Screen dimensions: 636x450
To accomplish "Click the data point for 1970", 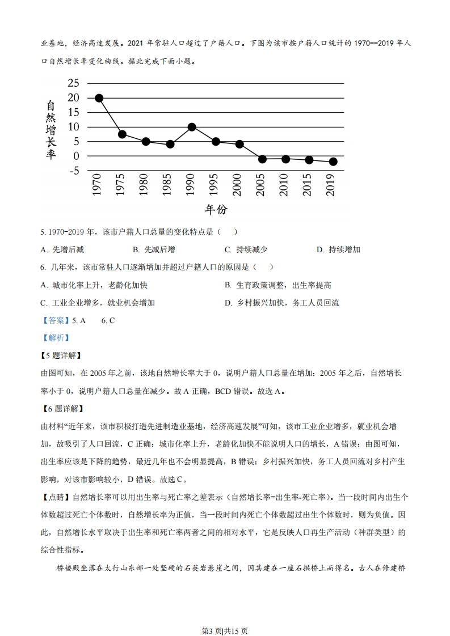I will (99, 98).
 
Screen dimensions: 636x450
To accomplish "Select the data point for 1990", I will (192, 127).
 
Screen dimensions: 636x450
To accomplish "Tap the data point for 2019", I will (333, 162).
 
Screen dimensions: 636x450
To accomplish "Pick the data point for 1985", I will (170, 144).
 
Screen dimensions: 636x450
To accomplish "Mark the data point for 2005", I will (262, 159).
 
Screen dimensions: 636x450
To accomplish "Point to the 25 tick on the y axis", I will (73, 83).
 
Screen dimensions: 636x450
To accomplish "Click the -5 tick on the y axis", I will (73, 171).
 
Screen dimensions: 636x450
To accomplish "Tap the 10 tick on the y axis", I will (73, 127).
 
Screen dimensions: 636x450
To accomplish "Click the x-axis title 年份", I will (216, 210).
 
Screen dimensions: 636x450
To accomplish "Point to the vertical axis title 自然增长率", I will (51, 130).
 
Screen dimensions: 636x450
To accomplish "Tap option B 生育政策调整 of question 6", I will (277, 285).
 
